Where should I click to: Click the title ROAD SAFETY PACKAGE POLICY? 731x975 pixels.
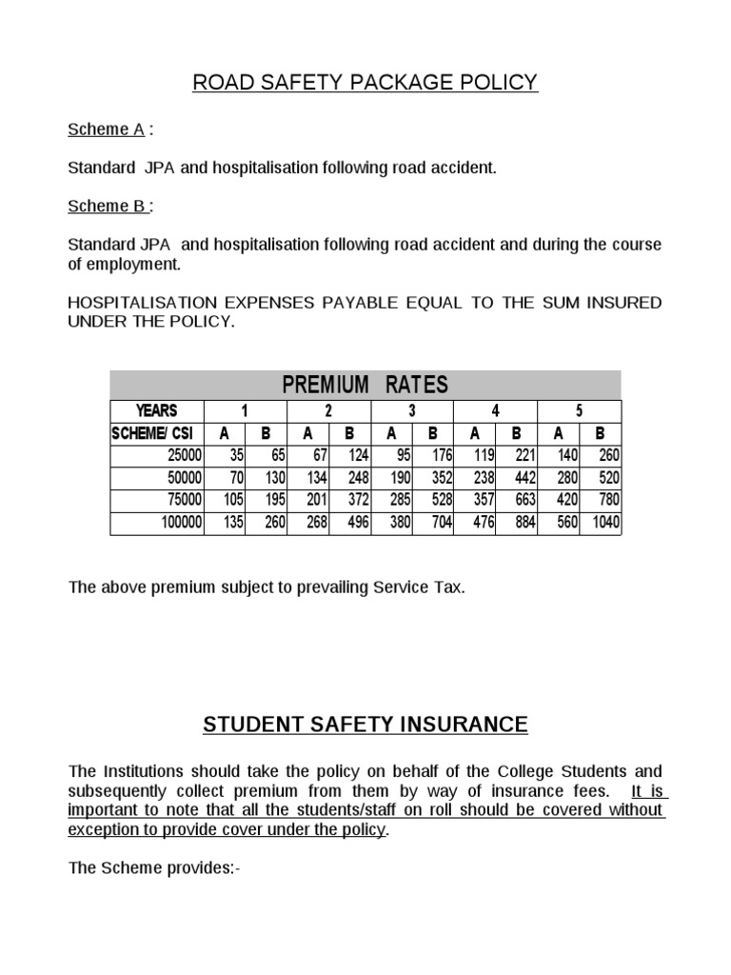point(365,83)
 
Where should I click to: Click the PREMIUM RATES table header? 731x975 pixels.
point(365,386)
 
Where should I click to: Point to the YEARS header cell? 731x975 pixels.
point(157,411)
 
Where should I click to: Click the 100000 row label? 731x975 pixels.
point(178,523)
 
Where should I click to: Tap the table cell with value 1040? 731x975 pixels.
point(604,523)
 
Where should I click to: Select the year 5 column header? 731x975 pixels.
point(580,411)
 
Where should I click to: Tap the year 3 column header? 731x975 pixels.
point(412,411)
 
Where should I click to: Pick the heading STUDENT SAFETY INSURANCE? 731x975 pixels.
point(365,725)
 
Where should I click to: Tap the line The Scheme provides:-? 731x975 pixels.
point(154,868)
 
